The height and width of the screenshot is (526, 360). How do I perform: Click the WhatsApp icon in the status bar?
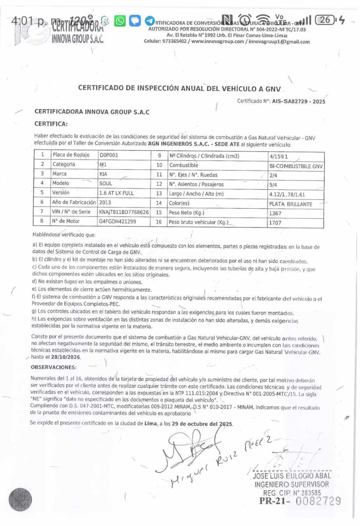(x=119, y=21)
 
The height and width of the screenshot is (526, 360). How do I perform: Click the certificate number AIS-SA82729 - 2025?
(x=299, y=101)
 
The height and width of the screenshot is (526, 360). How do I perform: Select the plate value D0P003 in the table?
(x=109, y=155)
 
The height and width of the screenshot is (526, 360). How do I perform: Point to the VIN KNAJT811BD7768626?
(x=124, y=212)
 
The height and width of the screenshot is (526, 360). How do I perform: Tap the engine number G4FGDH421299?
(x=118, y=221)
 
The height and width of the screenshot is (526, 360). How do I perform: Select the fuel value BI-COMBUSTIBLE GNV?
(x=296, y=167)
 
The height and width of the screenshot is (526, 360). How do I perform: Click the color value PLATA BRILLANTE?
(x=290, y=204)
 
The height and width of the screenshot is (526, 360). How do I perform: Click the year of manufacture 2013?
(x=106, y=203)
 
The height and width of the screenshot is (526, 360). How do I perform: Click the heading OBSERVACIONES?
(x=53, y=367)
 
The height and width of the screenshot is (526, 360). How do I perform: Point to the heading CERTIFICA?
(x=51, y=124)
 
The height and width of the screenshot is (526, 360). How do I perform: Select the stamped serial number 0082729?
(x=318, y=501)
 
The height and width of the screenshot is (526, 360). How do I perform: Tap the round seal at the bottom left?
(x=20, y=500)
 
